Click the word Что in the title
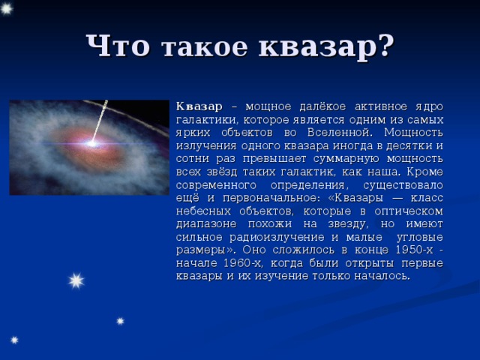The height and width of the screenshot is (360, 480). (118, 46)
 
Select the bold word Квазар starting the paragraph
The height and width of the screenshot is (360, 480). (199, 106)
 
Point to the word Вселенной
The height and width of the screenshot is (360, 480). (340, 133)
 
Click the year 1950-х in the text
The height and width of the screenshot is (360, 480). (415, 250)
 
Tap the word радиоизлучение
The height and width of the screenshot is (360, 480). (277, 237)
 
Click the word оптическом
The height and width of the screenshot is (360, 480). (409, 211)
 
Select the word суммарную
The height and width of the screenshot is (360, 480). (346, 159)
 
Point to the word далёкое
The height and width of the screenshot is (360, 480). (322, 106)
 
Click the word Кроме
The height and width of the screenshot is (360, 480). (425, 172)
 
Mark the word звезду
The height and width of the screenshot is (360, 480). (346, 224)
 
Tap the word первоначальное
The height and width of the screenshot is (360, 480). (271, 198)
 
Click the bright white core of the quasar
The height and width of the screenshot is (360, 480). (91, 142)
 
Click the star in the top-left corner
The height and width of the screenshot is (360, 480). (6, 8)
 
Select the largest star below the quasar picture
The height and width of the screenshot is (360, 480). (76, 280)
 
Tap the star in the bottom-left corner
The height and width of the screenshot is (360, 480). (14, 340)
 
